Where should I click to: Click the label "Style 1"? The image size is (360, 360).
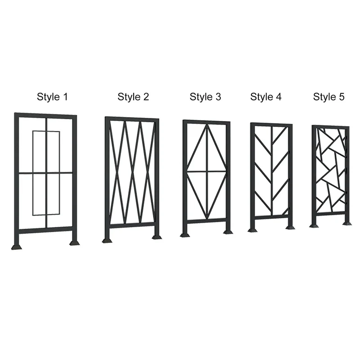52,97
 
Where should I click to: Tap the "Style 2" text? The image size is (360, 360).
133,97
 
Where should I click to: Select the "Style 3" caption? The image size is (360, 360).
205,97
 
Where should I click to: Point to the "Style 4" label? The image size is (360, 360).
265,97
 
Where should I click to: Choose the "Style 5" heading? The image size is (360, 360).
328,97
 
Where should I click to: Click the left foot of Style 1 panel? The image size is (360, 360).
17,247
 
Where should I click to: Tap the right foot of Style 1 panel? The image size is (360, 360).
75,243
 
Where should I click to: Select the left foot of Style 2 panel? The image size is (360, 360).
108,241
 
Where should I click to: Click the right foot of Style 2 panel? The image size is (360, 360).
157,237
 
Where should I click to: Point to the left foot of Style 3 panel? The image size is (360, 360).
185,235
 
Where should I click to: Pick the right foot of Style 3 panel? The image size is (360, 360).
228,232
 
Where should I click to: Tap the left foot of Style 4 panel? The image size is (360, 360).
252,230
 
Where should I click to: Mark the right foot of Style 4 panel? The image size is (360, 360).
290,228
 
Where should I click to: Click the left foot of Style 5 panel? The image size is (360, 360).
314,226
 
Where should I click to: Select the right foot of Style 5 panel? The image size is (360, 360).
347,223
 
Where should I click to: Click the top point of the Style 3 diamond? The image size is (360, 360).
207,125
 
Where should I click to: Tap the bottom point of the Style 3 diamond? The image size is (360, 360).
207,219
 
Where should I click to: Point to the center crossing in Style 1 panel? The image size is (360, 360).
47,173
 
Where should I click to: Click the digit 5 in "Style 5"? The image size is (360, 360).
342,97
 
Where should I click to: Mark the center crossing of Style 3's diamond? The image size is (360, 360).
207,171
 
